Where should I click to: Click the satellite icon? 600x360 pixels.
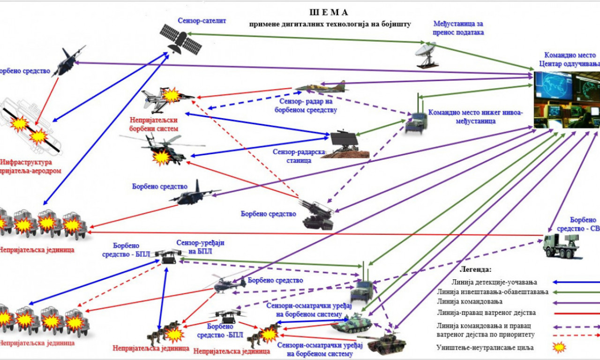point(180,39)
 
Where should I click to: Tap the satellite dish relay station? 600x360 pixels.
point(427,54)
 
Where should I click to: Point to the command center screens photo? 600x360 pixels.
point(567,100)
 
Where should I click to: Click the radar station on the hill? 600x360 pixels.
point(344,143)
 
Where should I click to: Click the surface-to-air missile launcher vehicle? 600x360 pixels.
point(318,215)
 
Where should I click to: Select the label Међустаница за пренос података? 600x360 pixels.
point(458,28)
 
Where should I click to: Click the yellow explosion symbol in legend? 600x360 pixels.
point(559,347)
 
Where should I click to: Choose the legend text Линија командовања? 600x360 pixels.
point(463,301)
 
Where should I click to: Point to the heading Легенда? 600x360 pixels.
point(475,270)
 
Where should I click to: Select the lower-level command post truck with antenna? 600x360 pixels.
point(416,120)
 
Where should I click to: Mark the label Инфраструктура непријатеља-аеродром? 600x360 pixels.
point(32,167)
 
